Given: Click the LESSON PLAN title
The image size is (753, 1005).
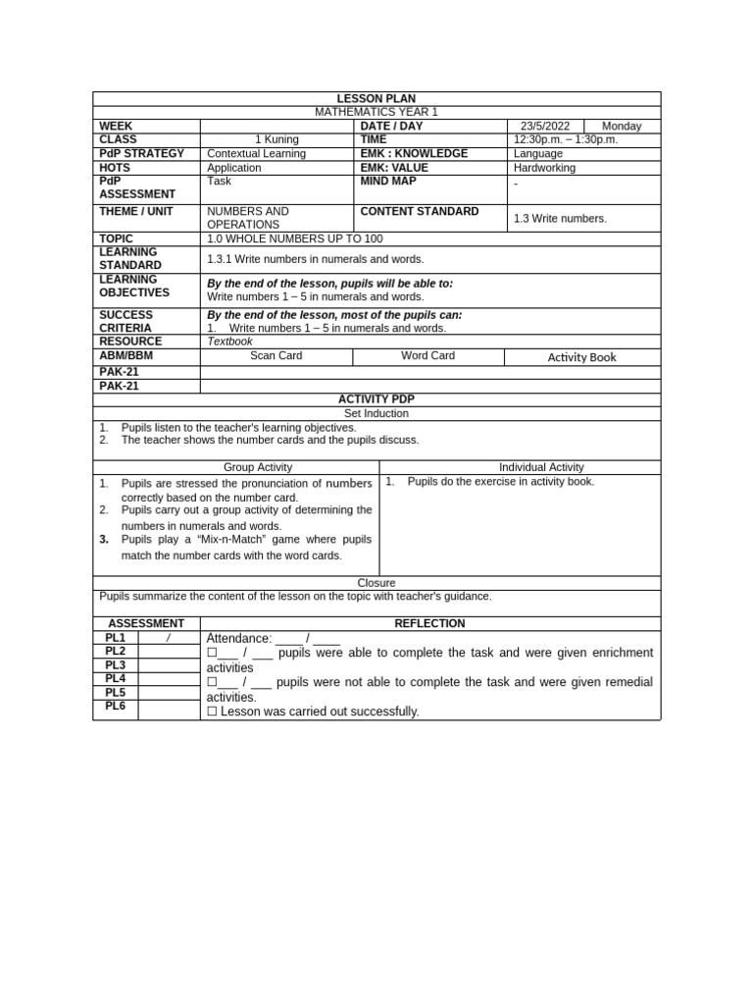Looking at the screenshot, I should coord(376,99).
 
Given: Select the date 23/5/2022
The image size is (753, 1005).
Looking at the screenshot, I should coord(545,127).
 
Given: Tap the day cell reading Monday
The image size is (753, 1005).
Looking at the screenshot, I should coord(622,127).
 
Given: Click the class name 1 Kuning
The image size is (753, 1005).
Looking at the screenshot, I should coord(276,140).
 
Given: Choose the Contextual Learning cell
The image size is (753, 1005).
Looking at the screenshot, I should coord(257,154).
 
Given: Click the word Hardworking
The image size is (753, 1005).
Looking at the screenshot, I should coord(545,168).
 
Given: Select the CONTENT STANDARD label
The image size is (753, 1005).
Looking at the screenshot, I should coord(420,212).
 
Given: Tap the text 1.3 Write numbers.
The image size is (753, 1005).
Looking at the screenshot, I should coord(560,219).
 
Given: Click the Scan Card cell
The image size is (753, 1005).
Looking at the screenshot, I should coord(276,356).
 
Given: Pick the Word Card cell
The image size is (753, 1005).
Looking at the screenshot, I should coord(428,356).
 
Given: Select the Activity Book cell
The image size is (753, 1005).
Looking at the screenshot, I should coord(582,357).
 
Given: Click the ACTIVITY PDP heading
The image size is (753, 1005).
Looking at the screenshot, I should coord(376,399).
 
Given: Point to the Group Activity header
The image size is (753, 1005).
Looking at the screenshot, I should coord(258,468).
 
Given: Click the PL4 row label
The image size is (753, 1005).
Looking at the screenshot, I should coord(116,678).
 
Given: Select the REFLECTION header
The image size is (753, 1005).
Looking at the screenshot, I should coord(429,624).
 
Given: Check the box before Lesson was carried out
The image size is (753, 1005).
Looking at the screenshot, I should coord(212,712).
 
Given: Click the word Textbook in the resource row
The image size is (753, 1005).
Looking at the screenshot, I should coord(229,342).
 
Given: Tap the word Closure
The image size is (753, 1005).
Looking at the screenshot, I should coord(376,583).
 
